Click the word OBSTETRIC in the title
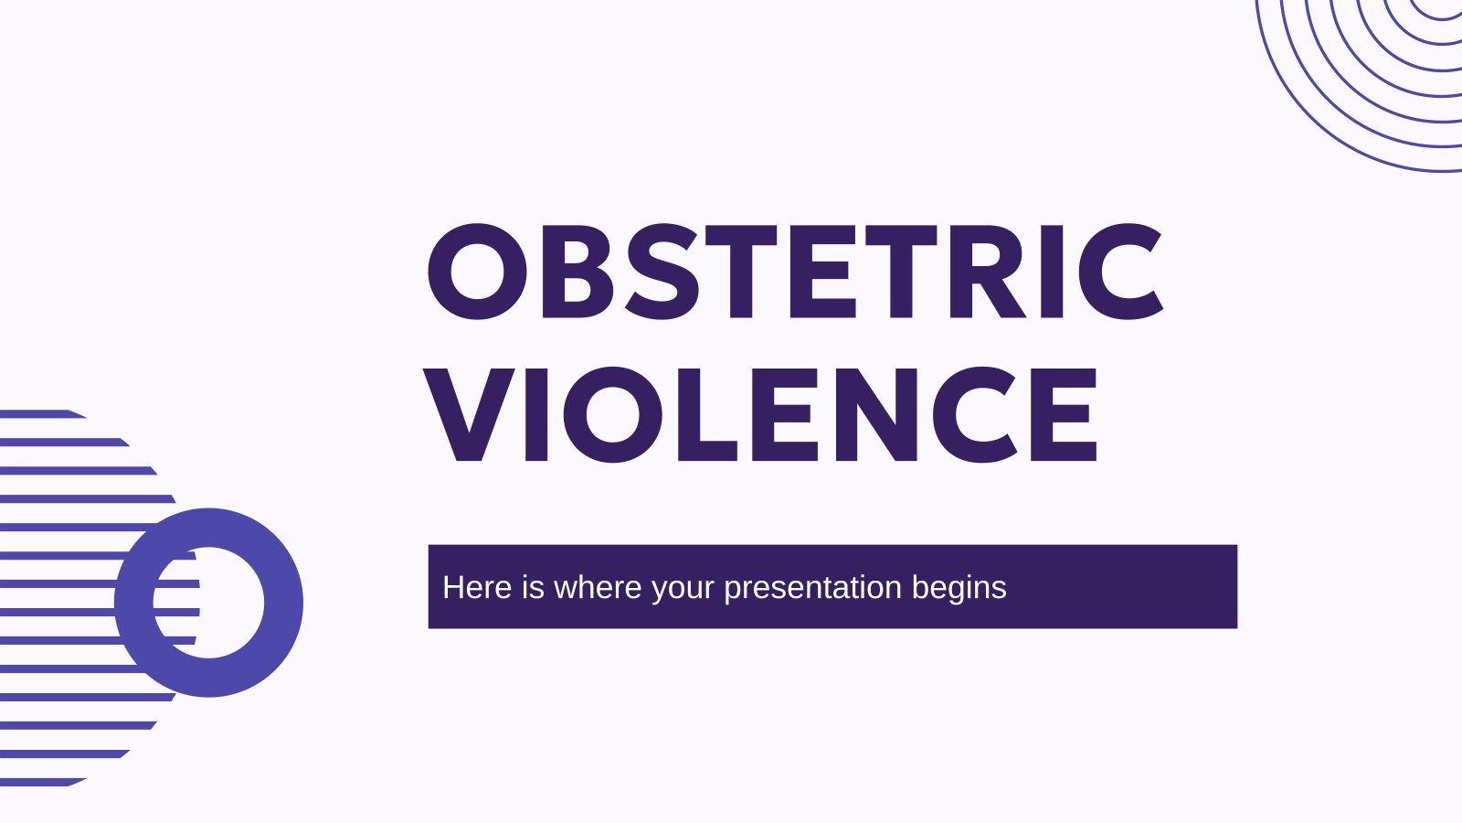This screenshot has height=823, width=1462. pos(795,271)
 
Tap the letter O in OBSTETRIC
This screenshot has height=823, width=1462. pos(477,271)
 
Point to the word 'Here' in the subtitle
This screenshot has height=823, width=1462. pos(477,587)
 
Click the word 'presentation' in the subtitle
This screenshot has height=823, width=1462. pos(812,589)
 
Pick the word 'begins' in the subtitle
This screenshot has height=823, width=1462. pos(959,589)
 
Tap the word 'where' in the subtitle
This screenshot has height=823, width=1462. pos(598,587)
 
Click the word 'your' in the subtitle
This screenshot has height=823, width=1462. pos(683,591)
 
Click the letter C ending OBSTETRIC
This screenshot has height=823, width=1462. pos(1120,271)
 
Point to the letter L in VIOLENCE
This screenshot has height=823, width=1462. pos(707,414)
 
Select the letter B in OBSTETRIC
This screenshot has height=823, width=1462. pos(577,271)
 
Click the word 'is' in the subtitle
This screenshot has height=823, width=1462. pos(533,587)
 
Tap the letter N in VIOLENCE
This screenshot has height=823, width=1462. pos(876,414)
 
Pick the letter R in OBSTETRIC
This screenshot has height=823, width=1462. pos(987,271)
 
